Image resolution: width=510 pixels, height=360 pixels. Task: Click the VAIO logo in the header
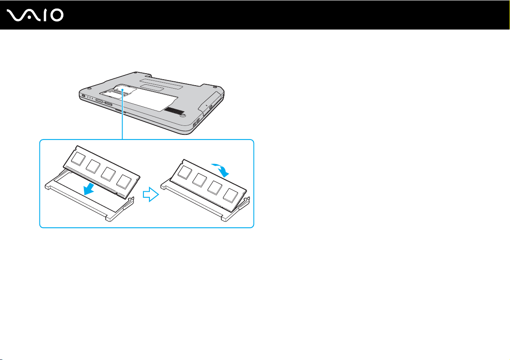pos(35,15)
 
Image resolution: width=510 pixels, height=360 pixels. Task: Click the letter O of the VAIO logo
pos(57,15)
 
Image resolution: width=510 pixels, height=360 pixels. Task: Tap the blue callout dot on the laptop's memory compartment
pos(122,89)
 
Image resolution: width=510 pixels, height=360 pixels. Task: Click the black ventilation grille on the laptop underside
pos(174,110)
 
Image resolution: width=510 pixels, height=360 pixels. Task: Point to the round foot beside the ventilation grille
pos(183,115)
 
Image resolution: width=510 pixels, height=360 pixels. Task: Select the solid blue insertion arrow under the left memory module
pos(89,189)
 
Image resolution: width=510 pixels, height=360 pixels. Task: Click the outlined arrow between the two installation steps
pos(151,194)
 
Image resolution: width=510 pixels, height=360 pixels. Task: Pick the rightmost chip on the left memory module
pos(124,181)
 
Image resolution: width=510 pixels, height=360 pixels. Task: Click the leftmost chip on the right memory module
pos(185,172)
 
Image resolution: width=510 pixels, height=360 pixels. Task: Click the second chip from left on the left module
pos(93,166)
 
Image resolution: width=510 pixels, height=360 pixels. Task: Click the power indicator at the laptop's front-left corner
pos(84,95)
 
